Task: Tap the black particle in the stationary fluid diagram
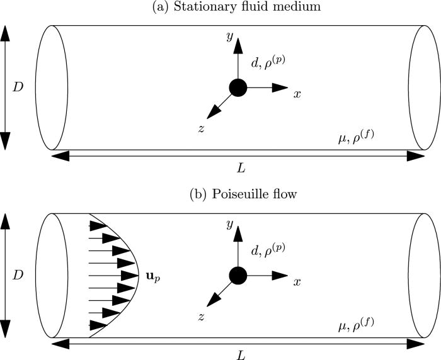238,87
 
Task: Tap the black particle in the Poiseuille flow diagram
238,275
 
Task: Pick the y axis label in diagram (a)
230,38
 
